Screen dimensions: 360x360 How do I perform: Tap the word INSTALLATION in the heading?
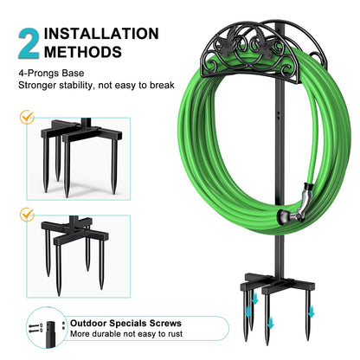pyautogui.click(x=101, y=34)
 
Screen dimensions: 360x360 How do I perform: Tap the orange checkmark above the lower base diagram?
pyautogui.click(x=26, y=213)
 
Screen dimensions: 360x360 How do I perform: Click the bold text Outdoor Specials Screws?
pyautogui.click(x=125, y=322)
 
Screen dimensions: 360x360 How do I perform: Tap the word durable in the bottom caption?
pyautogui.click(x=109, y=334)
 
